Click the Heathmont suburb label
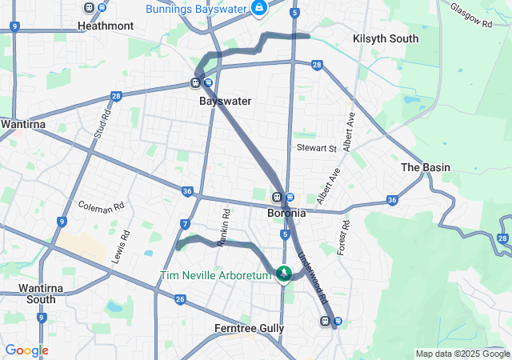[106, 26]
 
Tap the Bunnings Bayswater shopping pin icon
[259, 9]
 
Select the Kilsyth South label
[386, 38]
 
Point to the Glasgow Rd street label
[470, 14]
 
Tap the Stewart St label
[316, 148]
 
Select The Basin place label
[425, 167]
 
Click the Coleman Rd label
[102, 205]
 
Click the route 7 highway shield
[185, 224]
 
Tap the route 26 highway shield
[181, 299]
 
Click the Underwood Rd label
[314, 277]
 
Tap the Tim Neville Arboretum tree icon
[283, 275]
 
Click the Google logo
[26, 350]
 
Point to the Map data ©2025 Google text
[462, 354]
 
